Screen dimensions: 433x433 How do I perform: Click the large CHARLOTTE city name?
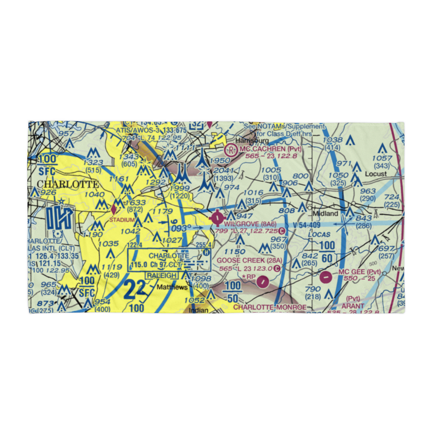(68, 184)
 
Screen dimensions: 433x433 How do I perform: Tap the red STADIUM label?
(122, 220)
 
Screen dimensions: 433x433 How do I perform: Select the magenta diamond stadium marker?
(114, 210)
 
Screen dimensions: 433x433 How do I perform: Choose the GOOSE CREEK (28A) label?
(249, 260)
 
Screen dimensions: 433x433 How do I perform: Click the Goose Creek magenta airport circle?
(262, 282)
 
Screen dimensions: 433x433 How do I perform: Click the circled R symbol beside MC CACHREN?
(232, 150)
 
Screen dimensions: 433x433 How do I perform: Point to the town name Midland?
(325, 214)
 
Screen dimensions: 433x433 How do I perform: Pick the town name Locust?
(375, 174)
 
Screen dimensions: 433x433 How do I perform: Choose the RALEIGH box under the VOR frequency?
(161, 275)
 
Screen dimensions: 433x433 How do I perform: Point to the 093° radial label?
(181, 228)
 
